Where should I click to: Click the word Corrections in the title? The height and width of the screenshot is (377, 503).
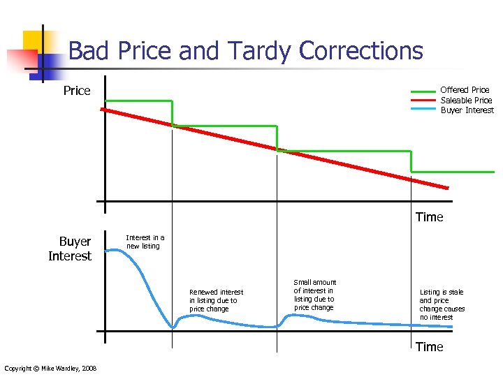pyautogui.click(x=360, y=51)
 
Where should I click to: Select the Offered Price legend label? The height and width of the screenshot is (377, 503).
pyautogui.click(x=465, y=89)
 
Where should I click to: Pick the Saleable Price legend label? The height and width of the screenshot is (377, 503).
pyautogui.click(x=466, y=100)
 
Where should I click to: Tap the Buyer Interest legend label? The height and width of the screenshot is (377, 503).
pyautogui.click(x=467, y=110)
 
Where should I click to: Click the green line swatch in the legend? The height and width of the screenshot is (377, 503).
pyautogui.click(x=423, y=91)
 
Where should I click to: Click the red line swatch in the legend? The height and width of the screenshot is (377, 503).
pyautogui.click(x=423, y=101)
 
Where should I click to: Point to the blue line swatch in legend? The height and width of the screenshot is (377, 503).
pyautogui.click(x=423, y=110)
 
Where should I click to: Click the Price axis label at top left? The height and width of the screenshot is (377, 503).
pyautogui.click(x=77, y=91)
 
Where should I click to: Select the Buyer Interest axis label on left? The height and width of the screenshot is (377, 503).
pyautogui.click(x=71, y=249)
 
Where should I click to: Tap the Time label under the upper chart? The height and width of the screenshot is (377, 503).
pyautogui.click(x=429, y=217)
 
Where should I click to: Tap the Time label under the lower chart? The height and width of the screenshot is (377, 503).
pyautogui.click(x=429, y=347)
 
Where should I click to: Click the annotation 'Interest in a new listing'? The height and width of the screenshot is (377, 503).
pyautogui.click(x=145, y=242)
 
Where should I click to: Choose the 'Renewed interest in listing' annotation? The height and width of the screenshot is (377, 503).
pyautogui.click(x=216, y=300)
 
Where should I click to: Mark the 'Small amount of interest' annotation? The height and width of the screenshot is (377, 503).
pyautogui.click(x=314, y=295)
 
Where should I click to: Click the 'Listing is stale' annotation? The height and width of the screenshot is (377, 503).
pyautogui.click(x=442, y=304)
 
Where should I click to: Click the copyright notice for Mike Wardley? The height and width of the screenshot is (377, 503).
pyautogui.click(x=50, y=369)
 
